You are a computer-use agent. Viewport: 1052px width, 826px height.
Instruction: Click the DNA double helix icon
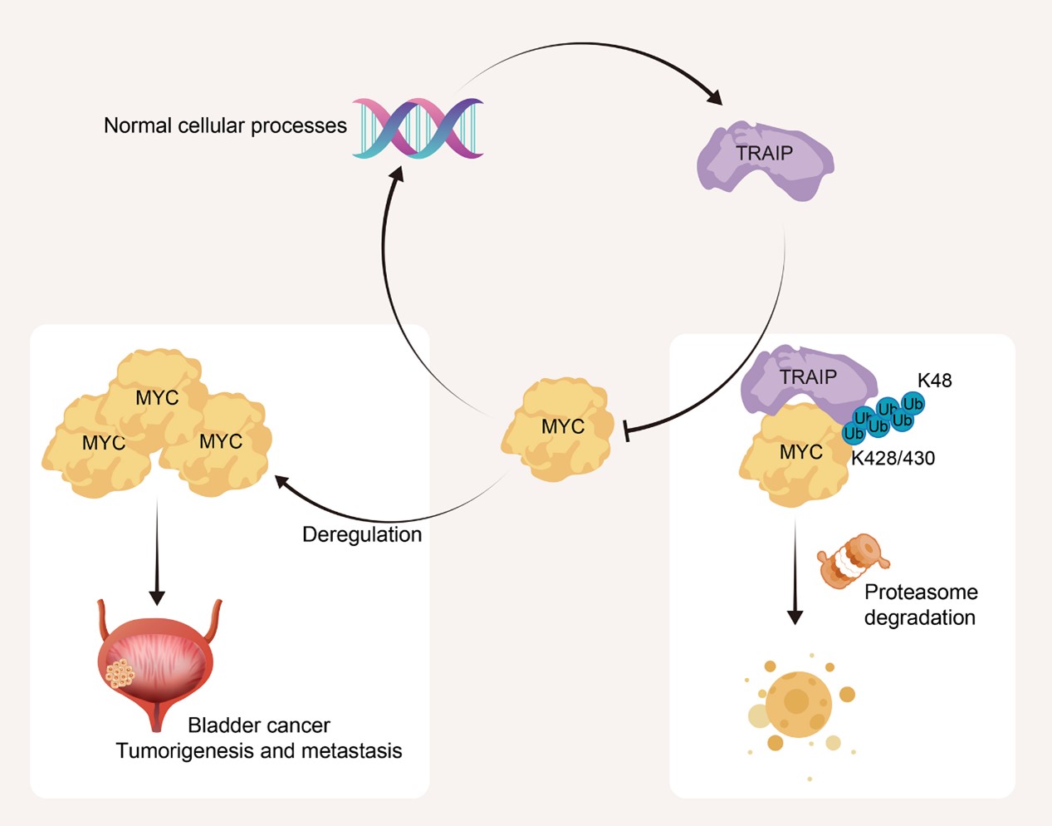(x=418, y=128)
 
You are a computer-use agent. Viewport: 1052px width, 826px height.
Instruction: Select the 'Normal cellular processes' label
(x=225, y=125)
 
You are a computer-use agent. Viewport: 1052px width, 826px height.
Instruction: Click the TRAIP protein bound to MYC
(x=806, y=378)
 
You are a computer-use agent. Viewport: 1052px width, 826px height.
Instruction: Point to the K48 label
(x=934, y=381)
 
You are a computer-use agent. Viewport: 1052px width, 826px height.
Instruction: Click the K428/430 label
(x=893, y=458)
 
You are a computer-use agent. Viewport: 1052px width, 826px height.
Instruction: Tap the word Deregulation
(x=362, y=534)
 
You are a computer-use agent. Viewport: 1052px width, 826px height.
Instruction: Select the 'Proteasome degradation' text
(x=920, y=605)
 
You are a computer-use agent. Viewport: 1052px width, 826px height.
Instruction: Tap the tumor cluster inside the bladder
(x=121, y=674)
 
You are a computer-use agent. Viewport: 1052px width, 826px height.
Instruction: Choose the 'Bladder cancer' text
(x=259, y=725)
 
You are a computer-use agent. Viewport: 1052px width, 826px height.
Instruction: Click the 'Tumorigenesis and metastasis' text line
(x=259, y=751)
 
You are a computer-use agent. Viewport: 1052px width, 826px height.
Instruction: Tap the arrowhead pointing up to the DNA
(x=397, y=173)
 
